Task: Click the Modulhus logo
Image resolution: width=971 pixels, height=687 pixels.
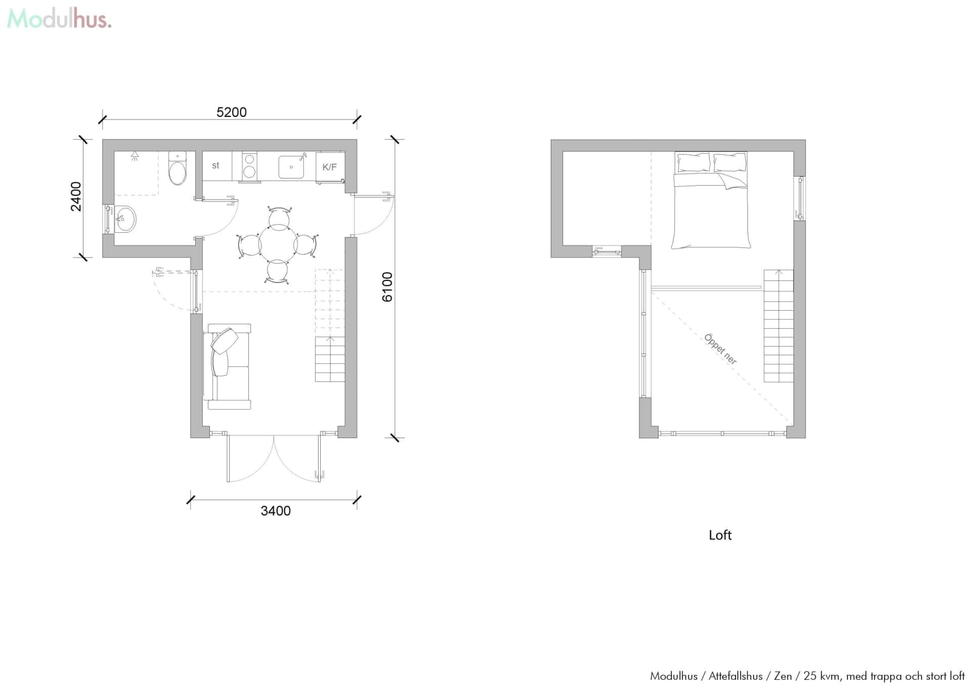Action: click(59, 19)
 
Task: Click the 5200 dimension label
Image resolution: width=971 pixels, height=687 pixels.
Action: click(232, 112)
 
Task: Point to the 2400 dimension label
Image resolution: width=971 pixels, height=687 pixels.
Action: click(76, 196)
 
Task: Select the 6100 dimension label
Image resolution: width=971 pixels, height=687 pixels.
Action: click(387, 287)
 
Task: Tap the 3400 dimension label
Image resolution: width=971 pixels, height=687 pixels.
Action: click(276, 511)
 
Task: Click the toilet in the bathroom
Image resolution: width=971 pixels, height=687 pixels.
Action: click(178, 169)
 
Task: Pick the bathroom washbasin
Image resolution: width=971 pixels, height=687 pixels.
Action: click(124, 219)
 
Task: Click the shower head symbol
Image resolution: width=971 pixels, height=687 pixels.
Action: click(135, 156)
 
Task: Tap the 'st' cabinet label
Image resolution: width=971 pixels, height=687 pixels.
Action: click(215, 165)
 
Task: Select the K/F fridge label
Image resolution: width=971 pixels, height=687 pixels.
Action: click(329, 167)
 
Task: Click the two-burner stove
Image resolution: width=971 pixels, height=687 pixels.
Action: click(249, 165)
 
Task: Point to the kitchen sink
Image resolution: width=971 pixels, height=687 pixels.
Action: click(291, 167)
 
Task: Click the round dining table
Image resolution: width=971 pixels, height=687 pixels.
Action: click(278, 245)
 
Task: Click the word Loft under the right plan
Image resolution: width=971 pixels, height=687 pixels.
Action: click(720, 535)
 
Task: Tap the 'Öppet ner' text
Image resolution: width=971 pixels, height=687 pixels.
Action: click(720, 349)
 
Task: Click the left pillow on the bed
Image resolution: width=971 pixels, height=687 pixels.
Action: click(693, 162)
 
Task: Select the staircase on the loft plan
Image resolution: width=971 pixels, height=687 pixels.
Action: click(778, 326)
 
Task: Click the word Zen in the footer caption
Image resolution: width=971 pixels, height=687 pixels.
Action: click(783, 676)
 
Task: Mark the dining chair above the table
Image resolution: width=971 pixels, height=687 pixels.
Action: click(279, 218)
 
